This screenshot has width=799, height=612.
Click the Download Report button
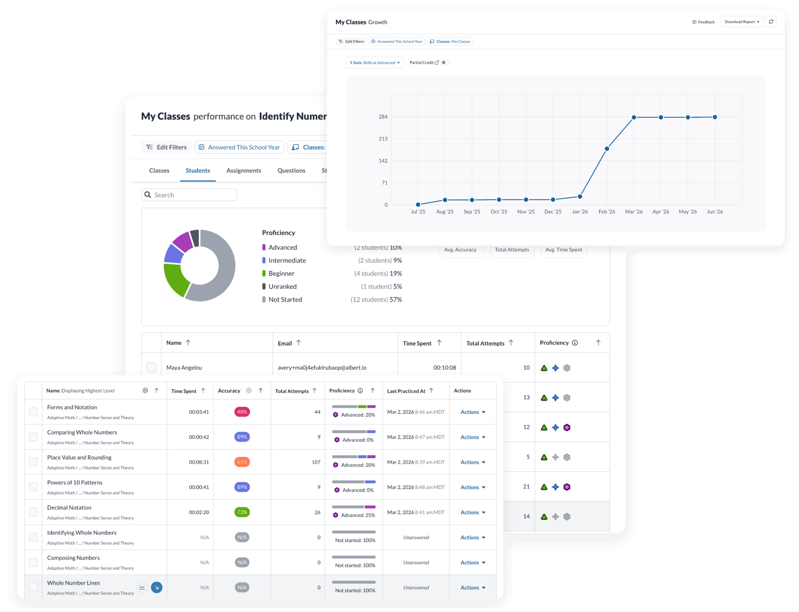(x=742, y=22)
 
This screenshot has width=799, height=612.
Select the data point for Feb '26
(x=607, y=149)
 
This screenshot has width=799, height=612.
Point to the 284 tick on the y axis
(x=383, y=117)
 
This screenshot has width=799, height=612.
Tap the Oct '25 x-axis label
(x=499, y=212)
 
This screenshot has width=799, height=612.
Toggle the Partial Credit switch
(x=445, y=63)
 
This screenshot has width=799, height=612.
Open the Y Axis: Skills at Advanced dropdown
(x=375, y=63)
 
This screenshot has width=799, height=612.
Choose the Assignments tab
(x=244, y=170)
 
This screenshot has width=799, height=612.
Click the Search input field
(x=189, y=195)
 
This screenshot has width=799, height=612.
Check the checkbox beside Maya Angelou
(x=151, y=368)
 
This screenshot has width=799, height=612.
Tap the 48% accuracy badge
(x=242, y=412)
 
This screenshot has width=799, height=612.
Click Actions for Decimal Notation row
(x=473, y=513)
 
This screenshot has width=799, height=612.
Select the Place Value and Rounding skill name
(x=79, y=458)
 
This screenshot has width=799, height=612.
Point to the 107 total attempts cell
(x=316, y=462)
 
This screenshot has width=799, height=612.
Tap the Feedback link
(x=703, y=22)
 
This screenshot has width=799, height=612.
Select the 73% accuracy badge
(x=242, y=512)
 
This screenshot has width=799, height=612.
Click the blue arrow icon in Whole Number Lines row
(x=157, y=588)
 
